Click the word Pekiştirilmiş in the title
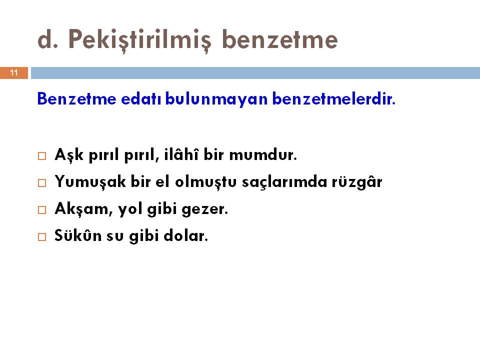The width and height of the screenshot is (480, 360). click(x=140, y=40)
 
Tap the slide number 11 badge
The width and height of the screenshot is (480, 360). click(x=14, y=73)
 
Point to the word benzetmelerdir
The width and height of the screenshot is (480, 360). click(x=333, y=99)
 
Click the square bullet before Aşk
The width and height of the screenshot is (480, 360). click(x=42, y=156)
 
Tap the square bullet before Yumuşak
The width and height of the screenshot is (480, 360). click(x=42, y=183)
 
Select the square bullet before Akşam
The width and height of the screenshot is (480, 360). click(x=42, y=210)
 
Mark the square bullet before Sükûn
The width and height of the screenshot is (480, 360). click(x=42, y=237)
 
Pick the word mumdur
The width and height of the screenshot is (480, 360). click(x=263, y=154)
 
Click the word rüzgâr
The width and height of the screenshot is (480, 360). click(x=357, y=181)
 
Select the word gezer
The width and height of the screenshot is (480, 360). click(x=205, y=210)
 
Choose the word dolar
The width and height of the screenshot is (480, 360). click(x=186, y=235)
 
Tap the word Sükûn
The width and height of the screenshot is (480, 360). click(x=78, y=235)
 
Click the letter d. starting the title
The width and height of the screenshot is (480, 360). click(x=48, y=40)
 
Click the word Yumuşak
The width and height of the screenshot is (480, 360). click(x=90, y=182)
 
